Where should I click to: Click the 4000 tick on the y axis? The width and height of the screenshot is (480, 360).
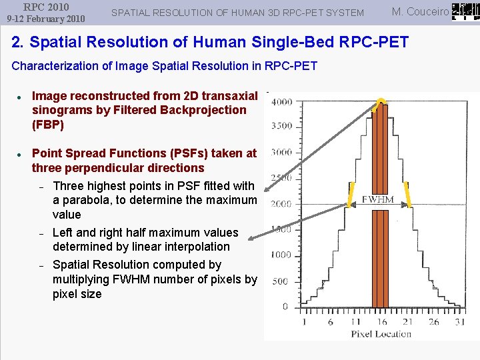point(281,101)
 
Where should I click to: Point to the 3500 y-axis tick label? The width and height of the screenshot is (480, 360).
point(281,125)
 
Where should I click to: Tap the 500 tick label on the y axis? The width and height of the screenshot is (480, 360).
point(281,281)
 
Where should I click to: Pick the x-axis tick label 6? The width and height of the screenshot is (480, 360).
point(330,321)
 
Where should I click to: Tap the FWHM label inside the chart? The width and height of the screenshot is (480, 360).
point(378,199)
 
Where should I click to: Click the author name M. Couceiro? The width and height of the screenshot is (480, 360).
point(420,11)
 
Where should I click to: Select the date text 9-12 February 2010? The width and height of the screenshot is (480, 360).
point(46,19)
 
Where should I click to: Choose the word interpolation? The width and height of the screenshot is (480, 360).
point(197,247)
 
